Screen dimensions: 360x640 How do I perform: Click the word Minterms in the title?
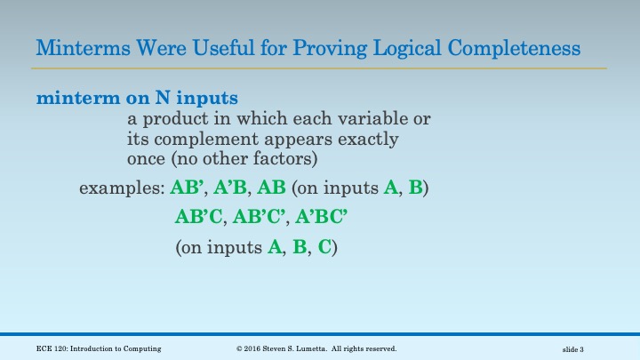tap(78, 47)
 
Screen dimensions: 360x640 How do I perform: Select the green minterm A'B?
tap(232, 188)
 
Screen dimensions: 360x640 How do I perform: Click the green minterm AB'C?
tap(199, 218)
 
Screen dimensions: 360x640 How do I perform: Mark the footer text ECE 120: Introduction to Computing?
tap(94, 348)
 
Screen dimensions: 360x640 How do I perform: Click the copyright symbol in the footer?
tap(239, 348)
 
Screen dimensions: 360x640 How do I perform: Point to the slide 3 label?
tap(579, 349)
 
